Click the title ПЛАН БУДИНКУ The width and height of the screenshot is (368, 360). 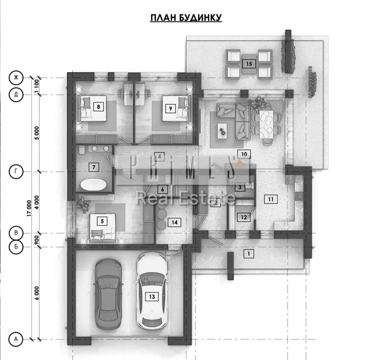[186, 18]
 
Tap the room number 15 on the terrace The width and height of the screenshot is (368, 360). [249, 64]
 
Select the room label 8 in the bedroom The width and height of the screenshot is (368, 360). [98, 107]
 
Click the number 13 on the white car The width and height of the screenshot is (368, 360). [152, 297]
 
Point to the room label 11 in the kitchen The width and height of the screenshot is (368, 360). [271, 199]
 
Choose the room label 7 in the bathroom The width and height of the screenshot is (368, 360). [94, 167]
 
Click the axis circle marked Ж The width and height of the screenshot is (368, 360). [16, 78]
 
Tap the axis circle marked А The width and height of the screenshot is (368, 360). [16, 339]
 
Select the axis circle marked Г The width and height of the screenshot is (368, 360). [16, 172]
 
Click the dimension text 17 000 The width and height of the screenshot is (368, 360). [29, 208]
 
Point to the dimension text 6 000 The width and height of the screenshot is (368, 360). [37, 293]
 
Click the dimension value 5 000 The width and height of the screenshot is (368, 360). [37, 133]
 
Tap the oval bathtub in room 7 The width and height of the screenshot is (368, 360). [93, 184]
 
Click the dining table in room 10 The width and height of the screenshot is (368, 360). [266, 124]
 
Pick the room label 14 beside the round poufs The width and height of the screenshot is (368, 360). [175, 223]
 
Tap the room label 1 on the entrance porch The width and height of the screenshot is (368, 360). [249, 254]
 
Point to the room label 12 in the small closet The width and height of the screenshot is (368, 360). [244, 217]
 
